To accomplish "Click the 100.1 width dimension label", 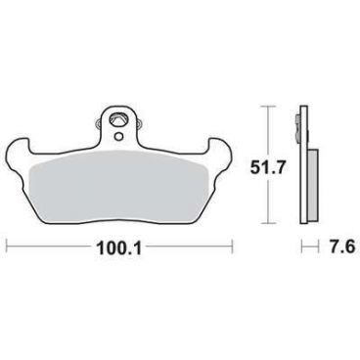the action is click(118, 248).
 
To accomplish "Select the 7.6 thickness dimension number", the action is click(340, 247).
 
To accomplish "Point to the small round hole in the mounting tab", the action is click(119, 135).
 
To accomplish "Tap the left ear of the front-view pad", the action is click(19, 149).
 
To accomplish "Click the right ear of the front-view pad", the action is click(220, 149).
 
